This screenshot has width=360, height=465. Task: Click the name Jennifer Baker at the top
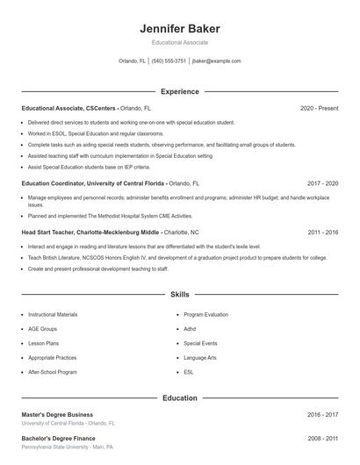(179, 29)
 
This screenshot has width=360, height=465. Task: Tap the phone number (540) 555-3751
(169, 61)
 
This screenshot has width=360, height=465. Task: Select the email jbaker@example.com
(216, 61)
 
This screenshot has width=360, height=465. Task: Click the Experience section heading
(179, 91)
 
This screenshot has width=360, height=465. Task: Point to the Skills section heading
(179, 295)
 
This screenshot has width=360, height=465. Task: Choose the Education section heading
(179, 398)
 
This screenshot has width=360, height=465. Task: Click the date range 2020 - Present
(319, 108)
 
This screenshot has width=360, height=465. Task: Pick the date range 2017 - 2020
(322, 183)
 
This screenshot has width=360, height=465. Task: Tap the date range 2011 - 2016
(322, 232)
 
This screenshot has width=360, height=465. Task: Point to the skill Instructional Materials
(53, 314)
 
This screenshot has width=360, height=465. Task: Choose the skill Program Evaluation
(205, 314)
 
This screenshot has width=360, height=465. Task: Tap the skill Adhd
(190, 329)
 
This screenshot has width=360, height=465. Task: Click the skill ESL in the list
(189, 372)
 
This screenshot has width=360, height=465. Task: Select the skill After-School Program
(52, 372)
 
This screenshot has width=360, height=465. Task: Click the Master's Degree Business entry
(57, 415)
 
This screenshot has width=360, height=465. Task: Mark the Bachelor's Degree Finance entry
(58, 438)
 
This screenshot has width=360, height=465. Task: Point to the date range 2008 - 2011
(322, 438)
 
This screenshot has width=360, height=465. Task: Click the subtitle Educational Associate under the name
(179, 42)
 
